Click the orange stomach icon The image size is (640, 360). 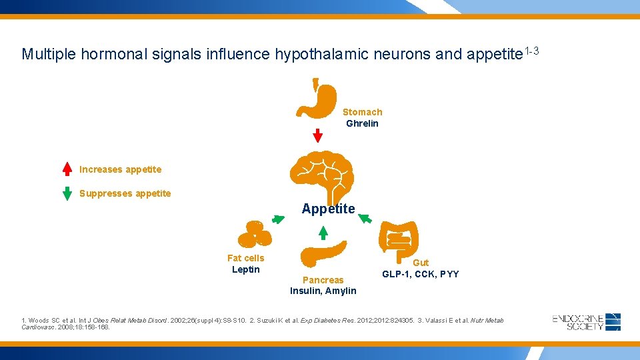pyautogui.click(x=323, y=101)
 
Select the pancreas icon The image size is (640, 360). pyautogui.click(x=323, y=254)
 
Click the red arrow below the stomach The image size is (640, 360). pyautogui.click(x=318, y=135)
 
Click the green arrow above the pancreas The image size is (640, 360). pyautogui.click(x=323, y=232)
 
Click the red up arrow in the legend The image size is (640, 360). pyautogui.click(x=67, y=169)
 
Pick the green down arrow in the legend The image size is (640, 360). pyautogui.click(x=67, y=193)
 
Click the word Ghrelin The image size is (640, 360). pyautogui.click(x=362, y=123)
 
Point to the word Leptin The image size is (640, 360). pyautogui.click(x=245, y=269)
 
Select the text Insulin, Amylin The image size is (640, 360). pyautogui.click(x=323, y=291)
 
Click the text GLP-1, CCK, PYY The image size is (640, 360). pyautogui.click(x=420, y=274)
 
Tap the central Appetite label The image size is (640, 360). pyautogui.click(x=328, y=209)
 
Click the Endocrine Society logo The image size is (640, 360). pyautogui.click(x=587, y=321)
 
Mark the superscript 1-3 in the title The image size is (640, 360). pyautogui.click(x=531, y=51)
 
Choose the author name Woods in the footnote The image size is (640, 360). pyautogui.click(x=39, y=321)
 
